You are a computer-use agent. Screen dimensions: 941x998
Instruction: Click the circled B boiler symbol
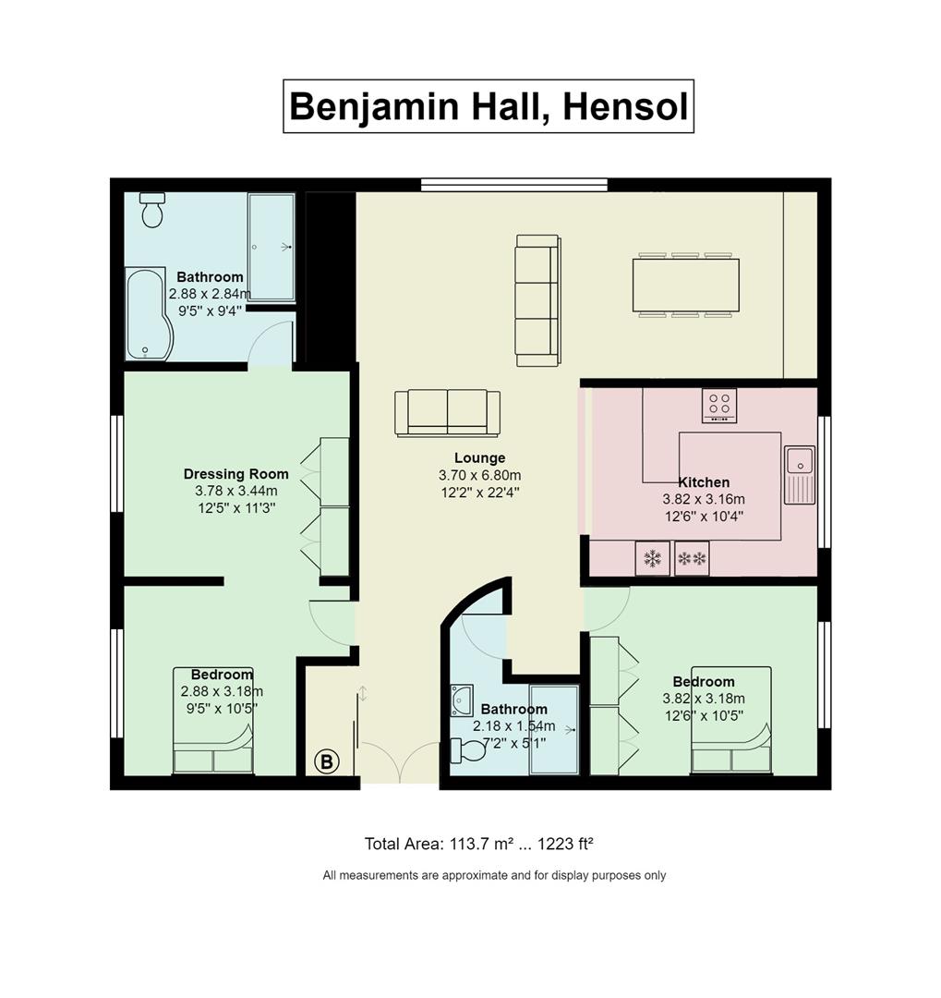click(327, 761)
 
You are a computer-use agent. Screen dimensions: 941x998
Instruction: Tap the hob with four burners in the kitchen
click(719, 406)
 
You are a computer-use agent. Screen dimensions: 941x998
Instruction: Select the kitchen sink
click(800, 474)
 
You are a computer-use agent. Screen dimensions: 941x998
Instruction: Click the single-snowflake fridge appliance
click(652, 559)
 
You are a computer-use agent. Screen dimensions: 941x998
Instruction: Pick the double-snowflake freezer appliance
click(692, 559)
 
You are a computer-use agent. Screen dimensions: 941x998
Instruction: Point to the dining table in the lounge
click(686, 285)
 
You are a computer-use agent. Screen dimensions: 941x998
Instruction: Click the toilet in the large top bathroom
click(152, 210)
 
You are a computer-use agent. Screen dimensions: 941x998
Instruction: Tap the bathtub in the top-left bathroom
click(149, 314)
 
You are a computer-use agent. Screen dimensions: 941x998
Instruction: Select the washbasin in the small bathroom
click(462, 700)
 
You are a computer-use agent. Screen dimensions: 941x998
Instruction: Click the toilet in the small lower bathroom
click(468, 749)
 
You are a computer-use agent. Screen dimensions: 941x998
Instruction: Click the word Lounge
click(479, 457)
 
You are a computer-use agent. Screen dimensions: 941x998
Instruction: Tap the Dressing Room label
click(236, 474)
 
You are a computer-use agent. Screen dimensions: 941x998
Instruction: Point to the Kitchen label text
click(704, 482)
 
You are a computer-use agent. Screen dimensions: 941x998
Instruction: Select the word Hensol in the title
click(625, 106)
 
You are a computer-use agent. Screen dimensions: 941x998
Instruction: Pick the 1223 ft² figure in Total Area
click(566, 844)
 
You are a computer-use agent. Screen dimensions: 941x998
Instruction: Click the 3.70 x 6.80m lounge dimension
click(479, 475)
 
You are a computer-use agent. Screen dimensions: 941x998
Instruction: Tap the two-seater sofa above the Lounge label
click(447, 413)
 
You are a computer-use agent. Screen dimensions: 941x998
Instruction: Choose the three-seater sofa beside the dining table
click(538, 300)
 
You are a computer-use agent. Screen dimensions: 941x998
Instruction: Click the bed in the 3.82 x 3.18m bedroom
click(731, 720)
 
